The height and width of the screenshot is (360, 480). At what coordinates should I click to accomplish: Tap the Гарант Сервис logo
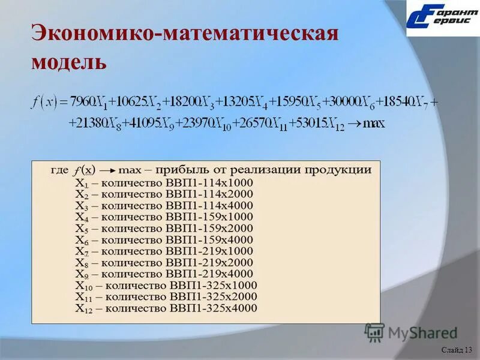click(x=442, y=18)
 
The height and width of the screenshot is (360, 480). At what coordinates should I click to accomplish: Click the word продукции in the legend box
click(x=340, y=170)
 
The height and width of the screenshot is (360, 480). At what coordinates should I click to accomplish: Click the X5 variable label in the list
click(x=81, y=229)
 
